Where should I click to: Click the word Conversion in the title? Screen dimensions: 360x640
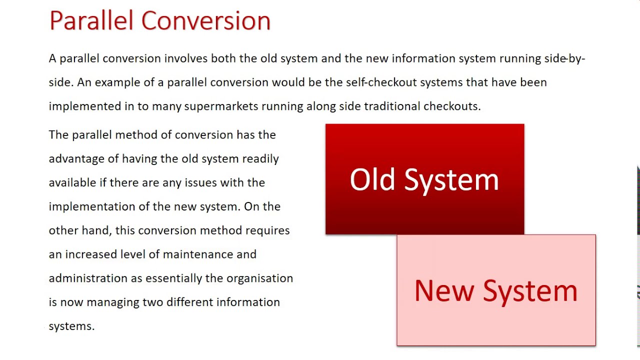(x=205, y=21)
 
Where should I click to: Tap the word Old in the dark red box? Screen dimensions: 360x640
(x=372, y=179)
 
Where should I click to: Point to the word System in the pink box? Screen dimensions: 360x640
(x=530, y=291)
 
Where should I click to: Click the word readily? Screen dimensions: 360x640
(x=260, y=159)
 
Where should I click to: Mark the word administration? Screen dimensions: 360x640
(x=88, y=278)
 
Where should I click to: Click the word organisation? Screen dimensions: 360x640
(x=259, y=278)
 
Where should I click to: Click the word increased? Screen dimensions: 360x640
(x=91, y=254)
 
